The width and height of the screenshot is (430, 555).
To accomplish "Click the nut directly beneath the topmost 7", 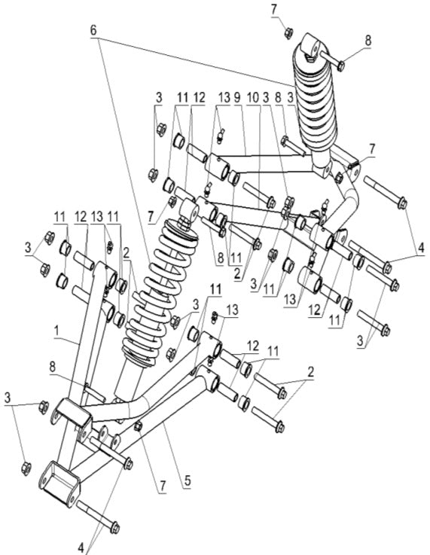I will click(x=288, y=32).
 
